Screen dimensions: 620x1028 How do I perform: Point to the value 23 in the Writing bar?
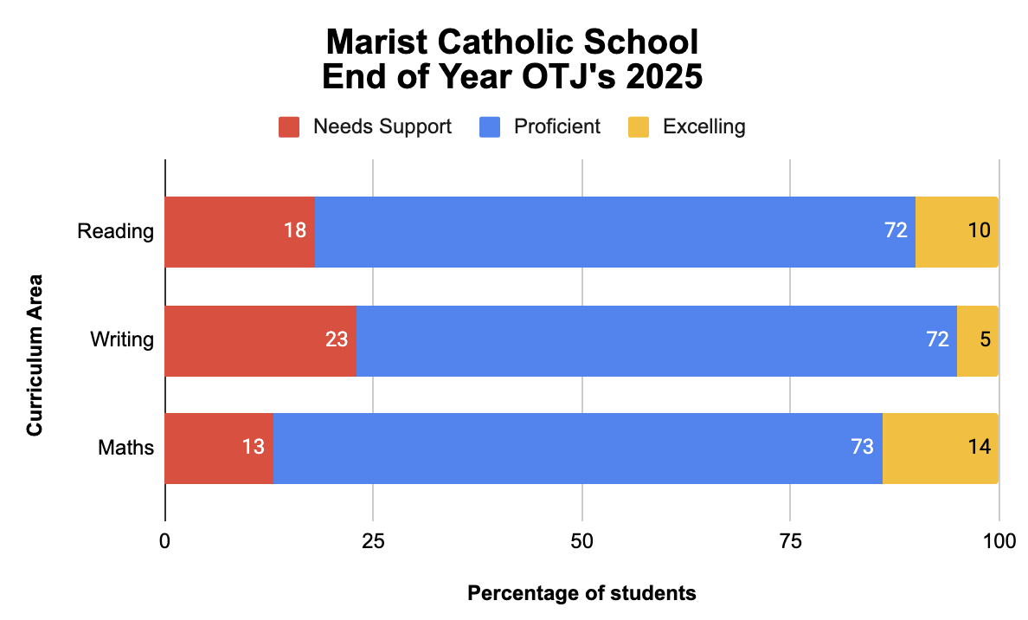point(337,339)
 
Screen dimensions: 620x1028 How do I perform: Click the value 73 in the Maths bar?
point(862,448)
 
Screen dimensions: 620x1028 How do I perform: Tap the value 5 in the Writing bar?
point(985,339)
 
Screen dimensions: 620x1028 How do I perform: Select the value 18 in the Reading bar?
point(294,231)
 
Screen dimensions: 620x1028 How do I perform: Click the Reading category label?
point(115,231)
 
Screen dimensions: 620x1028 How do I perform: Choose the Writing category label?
point(122,339)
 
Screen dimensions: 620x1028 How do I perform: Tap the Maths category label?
point(126,448)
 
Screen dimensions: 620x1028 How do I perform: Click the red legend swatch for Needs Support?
point(289,127)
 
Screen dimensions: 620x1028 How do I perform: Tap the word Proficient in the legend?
point(556,126)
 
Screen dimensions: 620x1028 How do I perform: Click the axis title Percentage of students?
point(581,594)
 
